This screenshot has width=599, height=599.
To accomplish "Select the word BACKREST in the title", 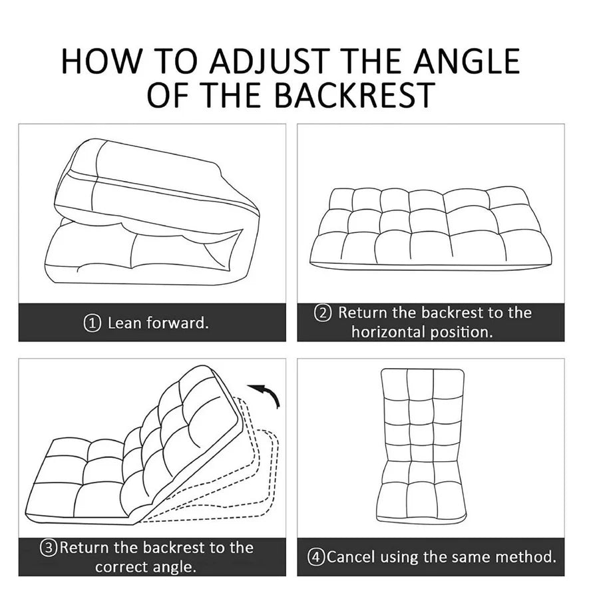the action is tap(355, 95).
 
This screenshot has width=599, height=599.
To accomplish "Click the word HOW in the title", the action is tap(101, 61).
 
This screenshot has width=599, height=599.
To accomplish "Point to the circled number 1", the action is tap(92, 323).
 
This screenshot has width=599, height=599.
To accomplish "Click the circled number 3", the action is tap(49, 548).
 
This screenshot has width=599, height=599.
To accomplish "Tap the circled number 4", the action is tap(316, 557).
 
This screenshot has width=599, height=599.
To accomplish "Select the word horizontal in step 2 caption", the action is tap(389, 331).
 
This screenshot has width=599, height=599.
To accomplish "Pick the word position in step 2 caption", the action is tap(462, 332).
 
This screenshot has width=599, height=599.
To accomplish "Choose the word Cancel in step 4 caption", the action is tap(351, 557).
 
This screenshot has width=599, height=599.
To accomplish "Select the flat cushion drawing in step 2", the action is tap(431, 228).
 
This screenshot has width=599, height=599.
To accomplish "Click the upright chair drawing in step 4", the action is tap(422, 446).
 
